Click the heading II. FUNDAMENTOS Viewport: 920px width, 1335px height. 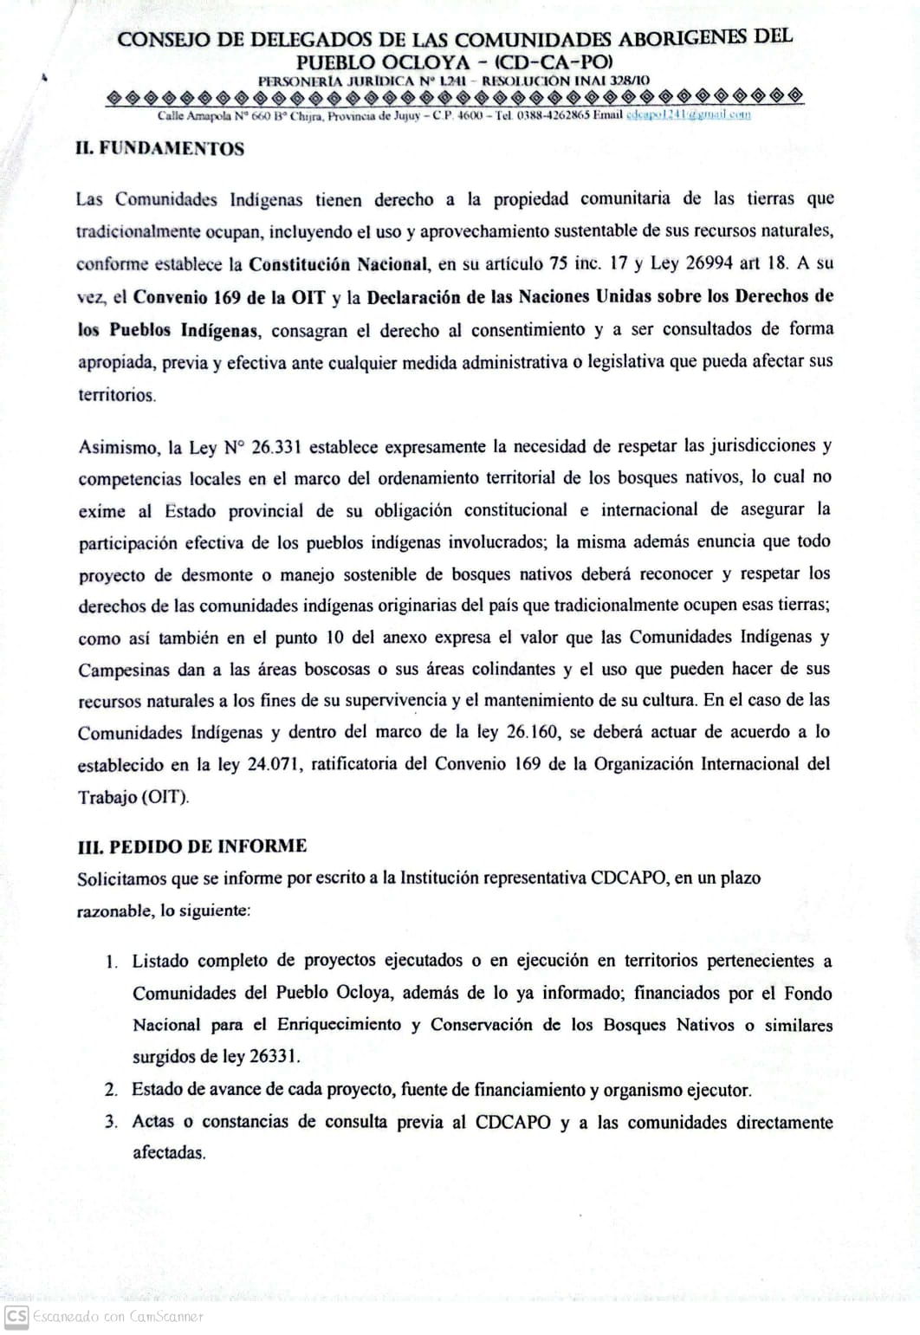click(x=160, y=148)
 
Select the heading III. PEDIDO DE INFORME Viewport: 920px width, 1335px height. click(x=192, y=846)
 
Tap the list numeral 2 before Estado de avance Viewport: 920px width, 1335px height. click(x=112, y=1090)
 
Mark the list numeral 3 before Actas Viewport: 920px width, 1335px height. click(x=112, y=1122)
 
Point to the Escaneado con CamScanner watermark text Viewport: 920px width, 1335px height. click(x=118, y=1317)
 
